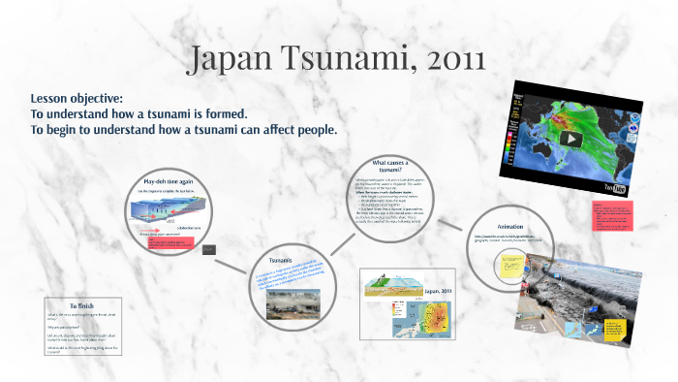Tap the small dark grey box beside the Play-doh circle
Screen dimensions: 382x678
[208, 249]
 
